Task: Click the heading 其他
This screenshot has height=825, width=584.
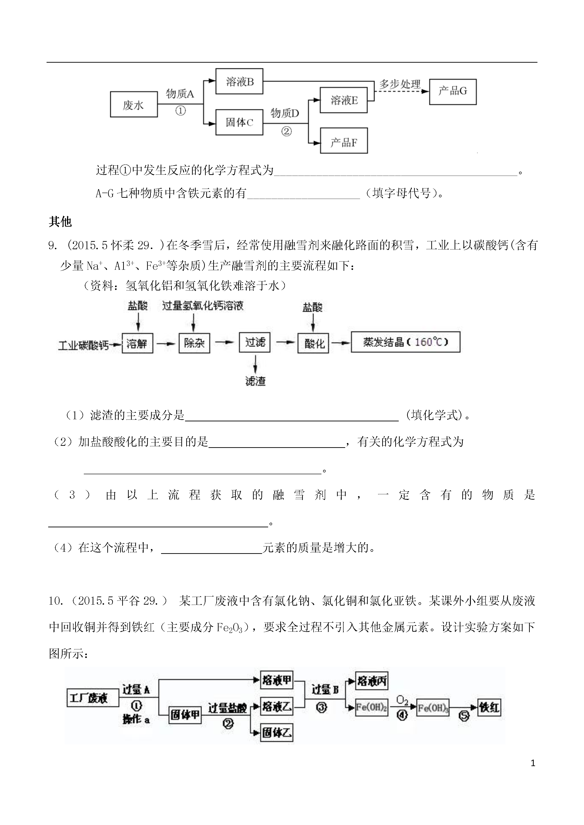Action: (x=61, y=222)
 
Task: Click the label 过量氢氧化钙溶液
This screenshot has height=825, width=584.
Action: (x=203, y=306)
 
